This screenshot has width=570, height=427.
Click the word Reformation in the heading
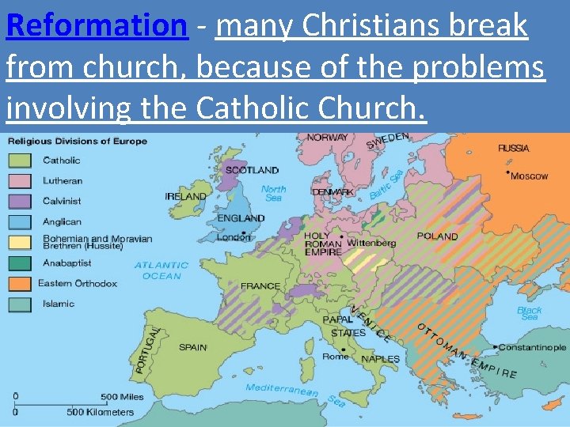coord(96,26)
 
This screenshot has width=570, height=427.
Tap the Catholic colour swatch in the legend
coord(20,161)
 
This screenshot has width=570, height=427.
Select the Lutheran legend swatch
coord(20,181)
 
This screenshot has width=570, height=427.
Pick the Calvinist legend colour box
coord(20,202)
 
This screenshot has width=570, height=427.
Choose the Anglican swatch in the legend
coord(20,222)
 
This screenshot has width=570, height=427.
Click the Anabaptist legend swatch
coord(20,263)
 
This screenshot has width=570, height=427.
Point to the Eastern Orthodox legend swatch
coord(20,283)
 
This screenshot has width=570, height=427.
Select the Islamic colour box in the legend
coord(20,304)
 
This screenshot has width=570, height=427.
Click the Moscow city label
coord(529,176)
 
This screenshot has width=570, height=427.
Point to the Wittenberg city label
coord(371,243)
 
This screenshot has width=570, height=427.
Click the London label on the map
coord(234,237)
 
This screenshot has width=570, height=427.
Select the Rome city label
coord(335,357)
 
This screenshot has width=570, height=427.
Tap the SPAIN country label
coord(192,347)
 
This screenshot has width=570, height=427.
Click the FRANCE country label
coord(260,285)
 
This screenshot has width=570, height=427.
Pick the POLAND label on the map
coord(437,236)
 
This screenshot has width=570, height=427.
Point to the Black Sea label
coord(530,313)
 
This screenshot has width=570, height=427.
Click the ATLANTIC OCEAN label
coord(161,270)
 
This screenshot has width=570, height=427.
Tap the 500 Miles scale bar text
coord(122,397)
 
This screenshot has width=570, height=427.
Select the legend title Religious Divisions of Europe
coord(78,141)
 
